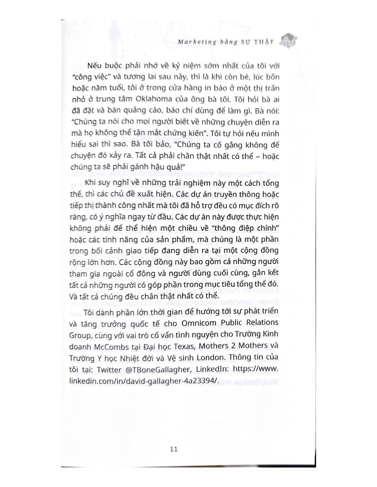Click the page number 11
pos(174,449)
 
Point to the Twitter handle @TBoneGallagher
pos(156,370)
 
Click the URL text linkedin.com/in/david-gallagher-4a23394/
pos(144,381)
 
